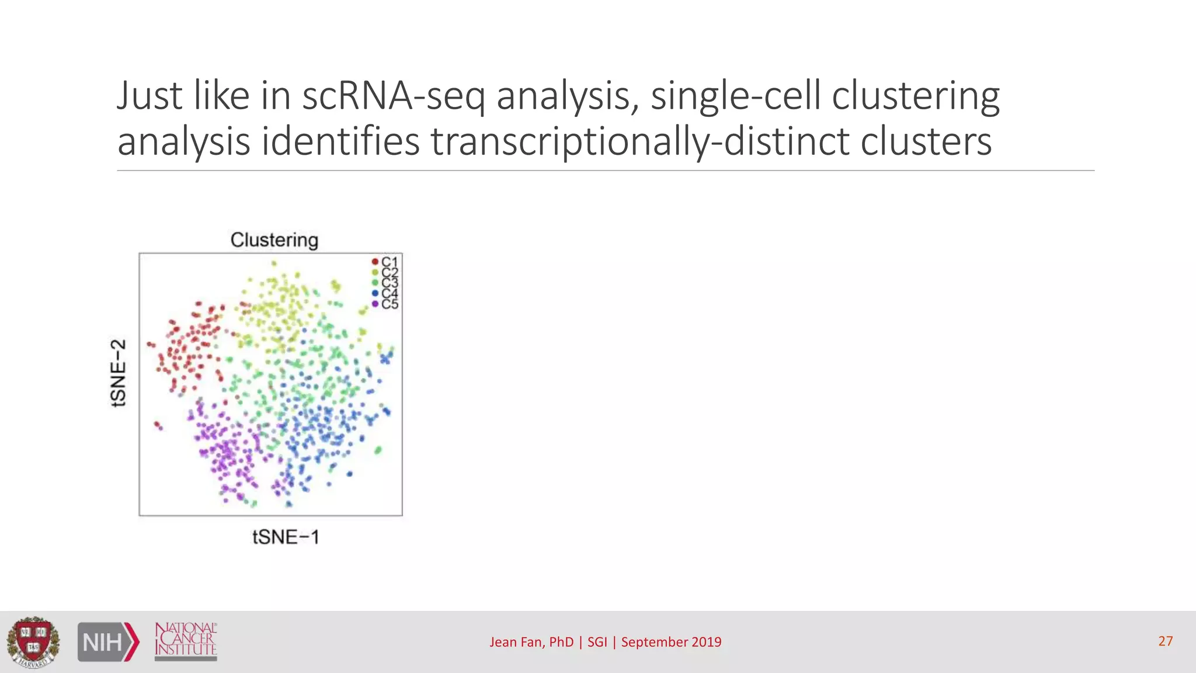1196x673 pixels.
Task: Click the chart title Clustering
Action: point(274,240)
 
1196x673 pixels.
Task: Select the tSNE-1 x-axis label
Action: point(286,537)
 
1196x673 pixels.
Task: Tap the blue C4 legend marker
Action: point(375,293)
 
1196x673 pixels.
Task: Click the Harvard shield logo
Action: point(33,641)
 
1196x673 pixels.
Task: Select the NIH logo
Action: point(109,642)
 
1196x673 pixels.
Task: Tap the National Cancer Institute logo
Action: point(186,641)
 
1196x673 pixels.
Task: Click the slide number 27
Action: point(1166,641)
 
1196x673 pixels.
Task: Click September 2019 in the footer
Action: point(671,642)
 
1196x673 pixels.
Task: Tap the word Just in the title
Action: point(149,96)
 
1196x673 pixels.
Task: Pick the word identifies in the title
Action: point(340,142)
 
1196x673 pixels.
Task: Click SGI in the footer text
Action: point(597,642)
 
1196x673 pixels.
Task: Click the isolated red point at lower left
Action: point(157,425)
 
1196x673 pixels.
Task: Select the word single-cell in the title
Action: point(736,96)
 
